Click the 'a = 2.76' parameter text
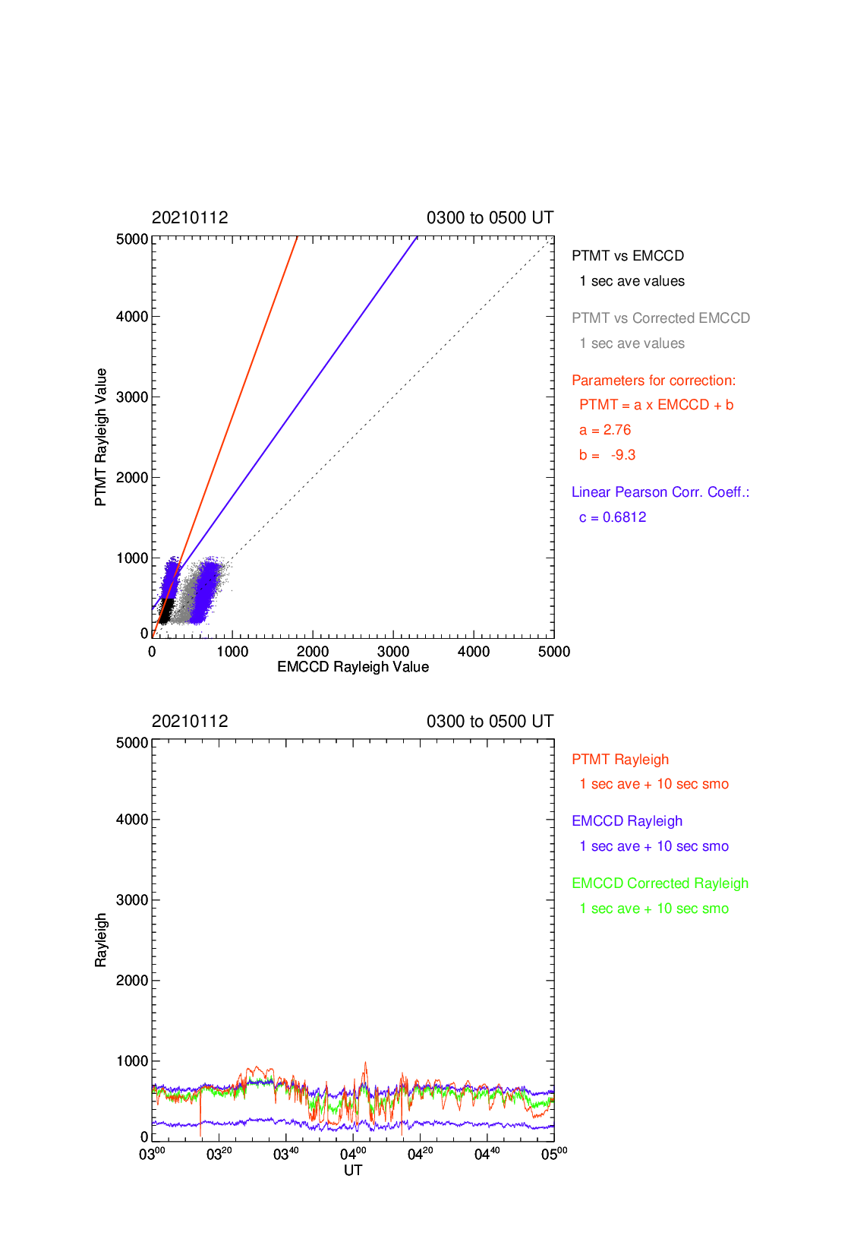(x=605, y=430)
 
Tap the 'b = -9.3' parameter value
(x=607, y=455)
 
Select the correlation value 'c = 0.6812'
(x=613, y=517)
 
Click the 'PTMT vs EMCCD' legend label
(x=628, y=255)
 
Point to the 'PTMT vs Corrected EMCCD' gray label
(x=661, y=318)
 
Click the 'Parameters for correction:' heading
(x=654, y=381)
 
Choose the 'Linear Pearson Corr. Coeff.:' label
(x=660, y=492)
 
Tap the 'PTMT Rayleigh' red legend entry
(x=620, y=760)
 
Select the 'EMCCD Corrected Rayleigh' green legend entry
(x=660, y=883)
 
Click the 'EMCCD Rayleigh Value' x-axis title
(x=353, y=667)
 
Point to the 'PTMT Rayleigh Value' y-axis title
(x=100, y=437)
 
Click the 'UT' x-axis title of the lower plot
(x=353, y=1171)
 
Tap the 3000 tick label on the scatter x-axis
(x=393, y=652)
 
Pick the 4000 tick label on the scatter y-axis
(x=132, y=317)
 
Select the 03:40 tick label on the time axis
(x=286, y=1154)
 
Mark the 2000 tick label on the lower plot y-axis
(x=132, y=981)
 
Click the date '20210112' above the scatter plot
(x=190, y=218)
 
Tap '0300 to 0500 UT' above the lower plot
(x=490, y=722)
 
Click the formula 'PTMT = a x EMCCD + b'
(x=657, y=406)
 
